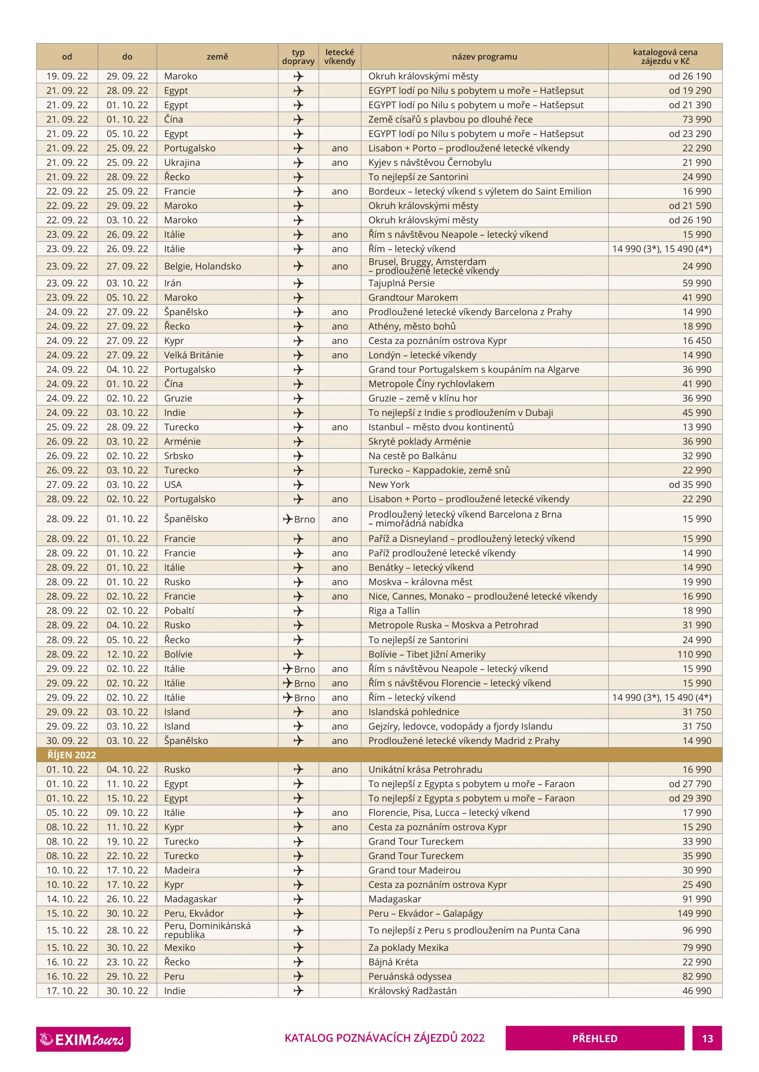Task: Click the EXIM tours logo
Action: pos(83,1039)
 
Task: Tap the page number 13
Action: pos(707,1038)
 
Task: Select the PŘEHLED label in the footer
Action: pos(594,1038)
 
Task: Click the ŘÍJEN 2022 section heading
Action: pos(71,755)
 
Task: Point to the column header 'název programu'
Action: pos(484,57)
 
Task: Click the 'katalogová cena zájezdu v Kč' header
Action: pos(665,57)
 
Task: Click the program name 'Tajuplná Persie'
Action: pos(401,283)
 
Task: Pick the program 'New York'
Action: pos(389,484)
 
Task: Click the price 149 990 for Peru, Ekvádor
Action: pos(694,913)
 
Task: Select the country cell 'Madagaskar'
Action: pos(190,899)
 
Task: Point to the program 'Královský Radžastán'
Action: pos(412,991)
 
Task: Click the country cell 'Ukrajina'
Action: pos(182,162)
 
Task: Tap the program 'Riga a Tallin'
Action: pos(394,610)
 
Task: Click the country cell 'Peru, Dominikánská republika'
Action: pos(207,930)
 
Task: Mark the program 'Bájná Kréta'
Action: pos(393,962)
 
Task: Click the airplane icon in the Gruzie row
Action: pos(298,398)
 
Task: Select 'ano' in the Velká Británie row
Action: pos(340,355)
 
